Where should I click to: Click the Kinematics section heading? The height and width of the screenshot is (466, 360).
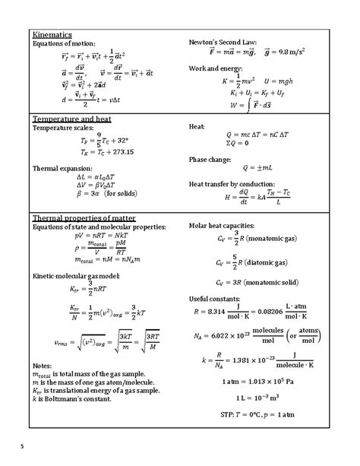pos(51,35)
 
